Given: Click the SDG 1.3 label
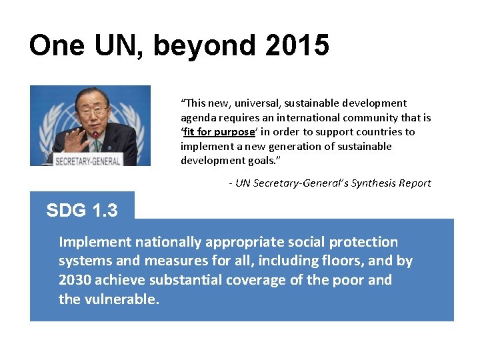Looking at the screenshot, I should point(82,211).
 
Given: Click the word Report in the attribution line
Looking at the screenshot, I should point(413,183).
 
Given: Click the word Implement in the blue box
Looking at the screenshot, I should point(94,242).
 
